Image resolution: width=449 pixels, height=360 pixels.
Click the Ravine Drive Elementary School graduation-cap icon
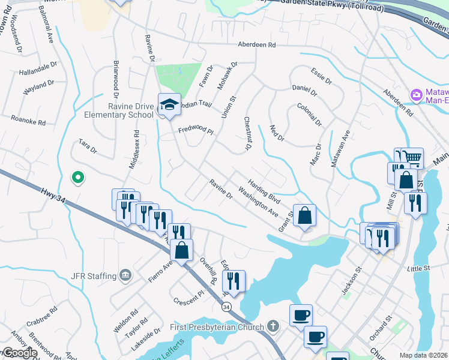(x=169, y=104)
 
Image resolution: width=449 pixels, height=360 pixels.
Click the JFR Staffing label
(x=93, y=276)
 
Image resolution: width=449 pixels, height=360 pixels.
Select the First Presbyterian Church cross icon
(x=273, y=327)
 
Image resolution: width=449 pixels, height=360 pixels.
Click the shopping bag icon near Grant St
(x=304, y=215)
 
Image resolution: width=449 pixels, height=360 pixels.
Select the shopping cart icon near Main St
(x=412, y=158)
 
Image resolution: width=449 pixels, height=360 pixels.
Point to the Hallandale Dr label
(x=38, y=68)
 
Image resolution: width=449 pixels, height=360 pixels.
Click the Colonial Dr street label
(x=309, y=114)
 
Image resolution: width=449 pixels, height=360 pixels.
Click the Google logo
(x=19, y=353)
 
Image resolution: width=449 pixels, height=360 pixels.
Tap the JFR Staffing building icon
(x=125, y=276)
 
